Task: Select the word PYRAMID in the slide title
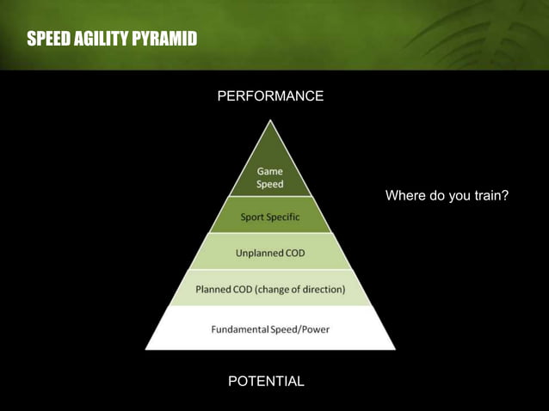[163, 40]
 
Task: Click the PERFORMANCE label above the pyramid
[270, 96]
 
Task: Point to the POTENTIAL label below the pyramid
[266, 381]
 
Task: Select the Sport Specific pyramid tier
[270, 217]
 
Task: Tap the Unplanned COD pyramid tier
[270, 253]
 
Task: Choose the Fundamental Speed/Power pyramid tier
[270, 329]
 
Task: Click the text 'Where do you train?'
[447, 196]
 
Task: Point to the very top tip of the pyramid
[270, 121]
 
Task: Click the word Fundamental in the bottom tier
[239, 329]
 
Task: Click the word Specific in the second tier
[283, 217]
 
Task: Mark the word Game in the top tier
[270, 172]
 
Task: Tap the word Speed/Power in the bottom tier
[299, 329]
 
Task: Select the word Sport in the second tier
[252, 217]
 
